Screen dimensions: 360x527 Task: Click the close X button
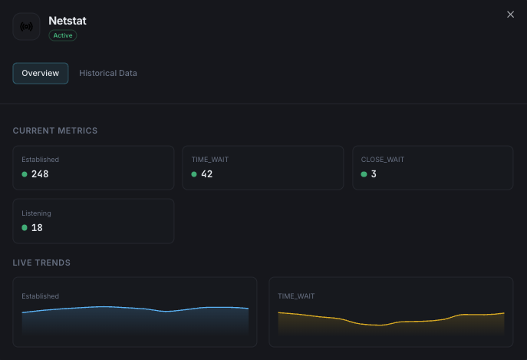tap(511, 15)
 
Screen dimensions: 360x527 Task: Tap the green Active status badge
tap(63, 35)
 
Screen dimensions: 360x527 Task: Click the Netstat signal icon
tap(27, 27)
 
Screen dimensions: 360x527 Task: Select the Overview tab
tap(41, 73)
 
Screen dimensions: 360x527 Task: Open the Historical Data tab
tap(108, 73)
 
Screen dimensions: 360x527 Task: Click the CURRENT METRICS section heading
tap(55, 130)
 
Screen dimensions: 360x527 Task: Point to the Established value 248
tap(40, 174)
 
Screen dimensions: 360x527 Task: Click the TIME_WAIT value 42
tap(206, 174)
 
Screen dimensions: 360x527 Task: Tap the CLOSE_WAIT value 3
tap(374, 174)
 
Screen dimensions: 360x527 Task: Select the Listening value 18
tap(37, 228)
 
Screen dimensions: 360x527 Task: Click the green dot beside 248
tap(25, 174)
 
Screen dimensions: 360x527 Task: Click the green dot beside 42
tap(195, 174)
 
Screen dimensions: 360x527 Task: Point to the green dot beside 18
tap(25, 228)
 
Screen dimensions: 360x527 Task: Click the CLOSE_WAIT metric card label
tap(383, 160)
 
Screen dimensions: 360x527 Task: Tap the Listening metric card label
tap(36, 213)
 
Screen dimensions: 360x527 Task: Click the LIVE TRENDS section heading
tap(41, 263)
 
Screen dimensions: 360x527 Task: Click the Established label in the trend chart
tap(40, 296)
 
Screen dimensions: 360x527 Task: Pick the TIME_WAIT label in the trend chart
tap(296, 296)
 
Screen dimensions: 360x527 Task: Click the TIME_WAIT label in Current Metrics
tap(210, 160)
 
